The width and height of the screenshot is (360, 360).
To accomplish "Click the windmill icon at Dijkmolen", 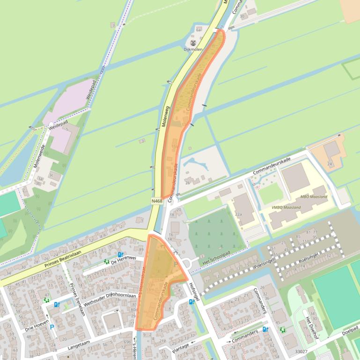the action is click(x=193, y=43).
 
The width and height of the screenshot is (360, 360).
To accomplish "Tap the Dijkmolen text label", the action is click(x=193, y=49).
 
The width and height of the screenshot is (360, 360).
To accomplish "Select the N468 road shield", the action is click(x=157, y=201).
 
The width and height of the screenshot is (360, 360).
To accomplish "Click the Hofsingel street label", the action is click(x=195, y=290).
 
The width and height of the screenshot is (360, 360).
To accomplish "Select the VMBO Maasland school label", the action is click(x=287, y=207).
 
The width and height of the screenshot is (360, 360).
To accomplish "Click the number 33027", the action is click(x=302, y=352).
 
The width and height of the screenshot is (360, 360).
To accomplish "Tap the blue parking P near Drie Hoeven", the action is click(x=52, y=328).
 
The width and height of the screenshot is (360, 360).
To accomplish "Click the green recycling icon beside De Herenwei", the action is click(x=106, y=261).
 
